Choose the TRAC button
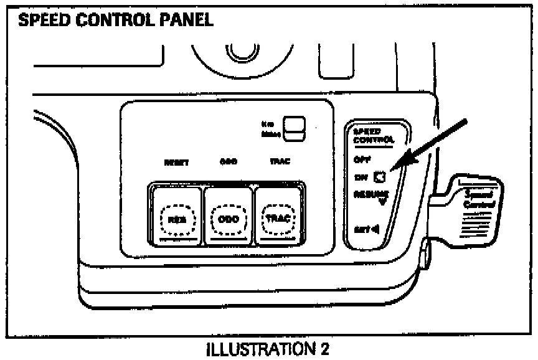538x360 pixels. [275, 219]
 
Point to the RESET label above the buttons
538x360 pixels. [176, 163]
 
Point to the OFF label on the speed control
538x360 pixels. [362, 159]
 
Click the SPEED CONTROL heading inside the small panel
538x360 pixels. [373, 136]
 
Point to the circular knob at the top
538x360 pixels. [237, 54]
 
